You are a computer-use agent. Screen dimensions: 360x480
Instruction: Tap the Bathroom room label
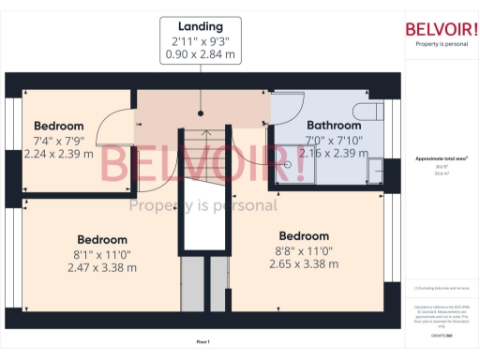pos(334,126)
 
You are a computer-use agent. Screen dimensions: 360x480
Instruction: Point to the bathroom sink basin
pos(374,171)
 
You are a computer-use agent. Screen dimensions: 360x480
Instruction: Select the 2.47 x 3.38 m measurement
pos(102,267)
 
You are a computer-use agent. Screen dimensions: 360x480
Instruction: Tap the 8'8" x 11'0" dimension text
pos(303,250)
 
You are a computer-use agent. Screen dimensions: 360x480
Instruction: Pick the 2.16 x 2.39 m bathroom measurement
pos(334,152)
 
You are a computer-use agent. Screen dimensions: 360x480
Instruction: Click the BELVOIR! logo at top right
pos(442,28)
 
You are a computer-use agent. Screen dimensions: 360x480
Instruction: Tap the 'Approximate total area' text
pos(441,158)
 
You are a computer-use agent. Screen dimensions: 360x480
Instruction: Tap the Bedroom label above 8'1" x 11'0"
pos(102,239)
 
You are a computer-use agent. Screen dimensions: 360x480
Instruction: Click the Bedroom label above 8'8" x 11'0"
pos(303,235)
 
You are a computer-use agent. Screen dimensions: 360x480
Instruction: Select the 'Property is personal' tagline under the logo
pos(442,44)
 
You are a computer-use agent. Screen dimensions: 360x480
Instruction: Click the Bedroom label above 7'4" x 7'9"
pos(58,126)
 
